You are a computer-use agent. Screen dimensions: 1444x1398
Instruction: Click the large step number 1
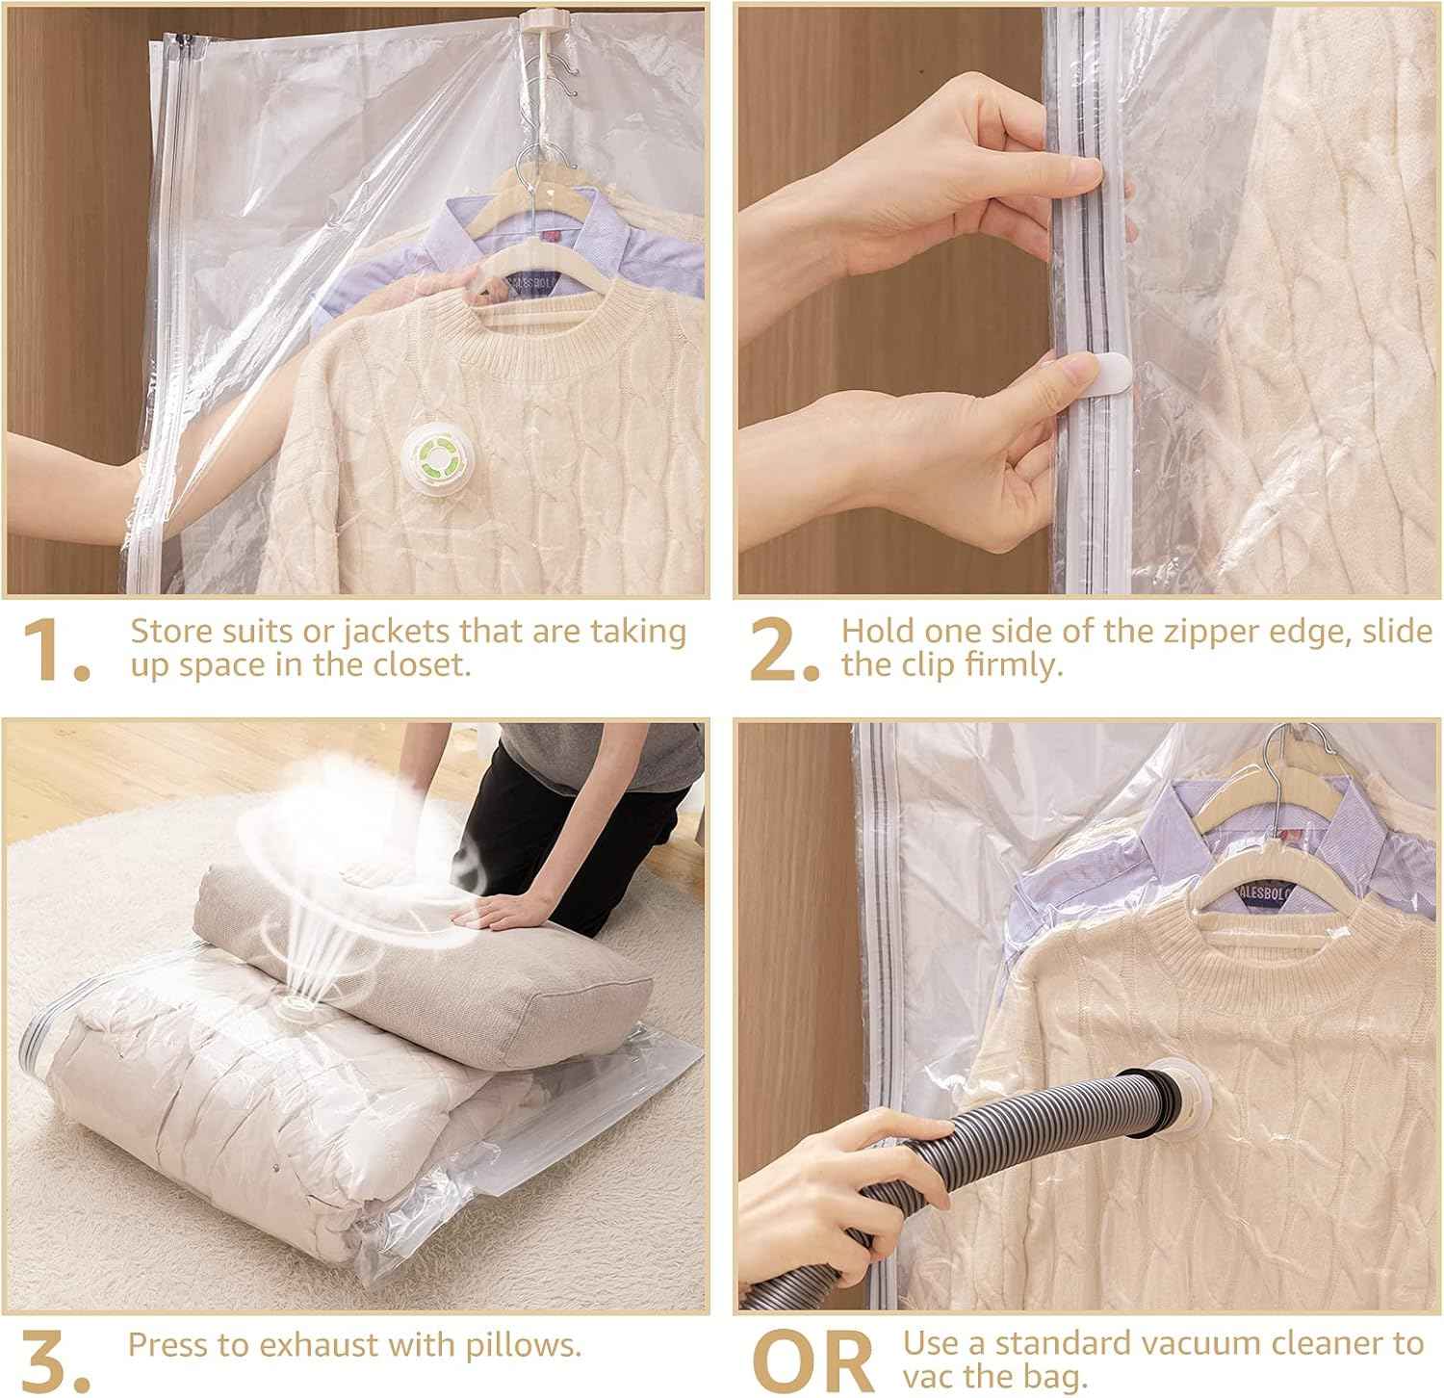click(56, 650)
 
